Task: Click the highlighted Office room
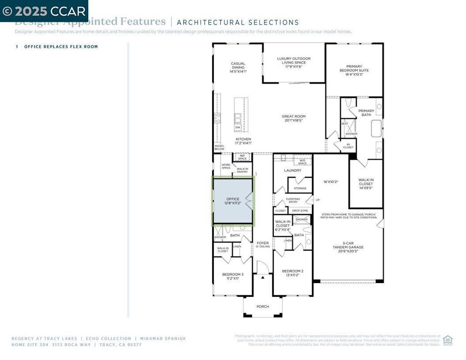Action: (233, 201)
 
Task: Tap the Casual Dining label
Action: (238, 67)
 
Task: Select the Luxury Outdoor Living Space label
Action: (294, 63)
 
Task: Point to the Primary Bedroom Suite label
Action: (354, 70)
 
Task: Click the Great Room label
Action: (294, 118)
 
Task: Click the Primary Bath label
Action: (366, 113)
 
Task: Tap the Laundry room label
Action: (293, 171)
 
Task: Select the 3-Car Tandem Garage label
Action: (347, 247)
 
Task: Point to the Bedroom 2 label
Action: (293, 273)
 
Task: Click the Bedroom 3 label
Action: (233, 276)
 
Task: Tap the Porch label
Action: (263, 306)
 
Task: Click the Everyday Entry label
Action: (293, 201)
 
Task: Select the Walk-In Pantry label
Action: (242, 171)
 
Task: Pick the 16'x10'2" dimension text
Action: (331, 182)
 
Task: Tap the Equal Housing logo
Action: (448, 340)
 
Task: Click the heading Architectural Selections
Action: (238, 22)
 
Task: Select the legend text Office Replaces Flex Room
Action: (61, 47)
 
